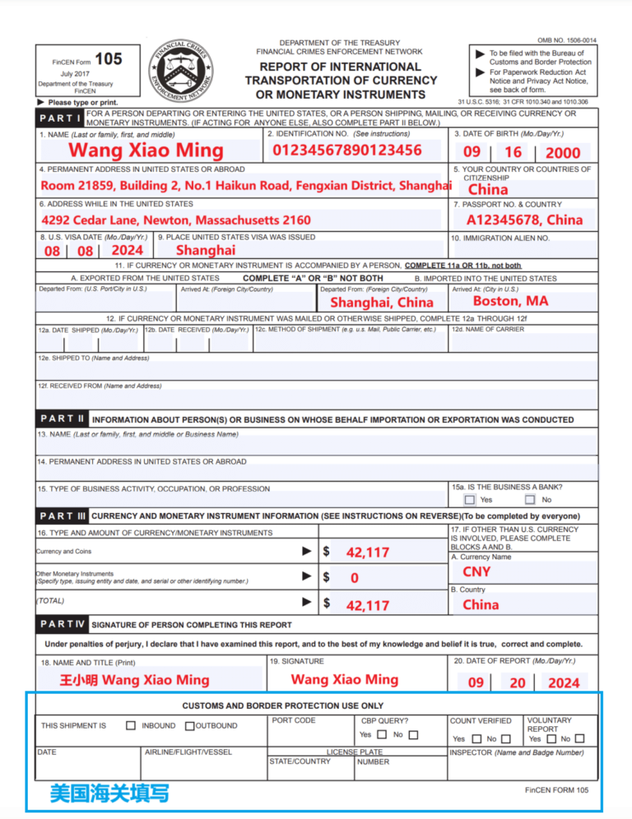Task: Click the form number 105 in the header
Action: pos(108,59)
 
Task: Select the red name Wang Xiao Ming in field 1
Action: pos(146,150)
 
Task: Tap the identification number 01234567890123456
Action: pos(346,150)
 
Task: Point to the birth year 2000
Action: pos(562,152)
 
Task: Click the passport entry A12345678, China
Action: pos(524,220)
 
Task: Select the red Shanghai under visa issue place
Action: pos(206,250)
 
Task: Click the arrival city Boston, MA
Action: pos(510,301)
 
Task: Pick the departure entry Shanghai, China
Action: pos(381,303)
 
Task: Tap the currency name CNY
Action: pos(476,571)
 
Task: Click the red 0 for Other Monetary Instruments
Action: pos(354,578)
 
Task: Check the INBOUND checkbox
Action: pos(131,726)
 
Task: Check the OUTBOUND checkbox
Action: pos(189,726)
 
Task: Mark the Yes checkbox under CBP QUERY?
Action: pos(382,734)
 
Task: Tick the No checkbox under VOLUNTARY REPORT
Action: pos(579,738)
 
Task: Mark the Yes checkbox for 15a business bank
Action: pos(469,499)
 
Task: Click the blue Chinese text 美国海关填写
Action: pos(109,794)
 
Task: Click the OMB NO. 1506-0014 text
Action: pos(567,40)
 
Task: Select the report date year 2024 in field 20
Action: pos(563,682)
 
